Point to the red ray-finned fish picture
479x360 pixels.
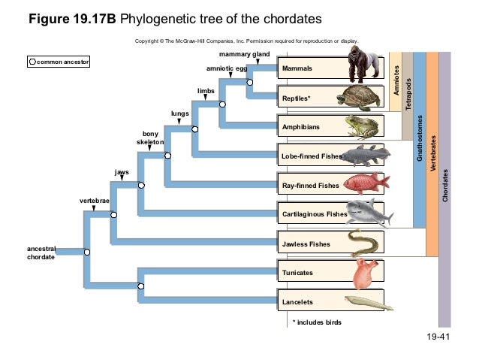coord(365,184)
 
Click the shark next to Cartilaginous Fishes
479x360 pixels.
coord(369,213)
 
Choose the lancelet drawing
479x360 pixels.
coord(368,301)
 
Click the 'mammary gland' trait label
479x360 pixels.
coord(244,55)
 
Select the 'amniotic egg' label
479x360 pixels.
coord(226,68)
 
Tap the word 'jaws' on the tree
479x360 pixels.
coord(122,172)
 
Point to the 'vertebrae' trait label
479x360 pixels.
coord(95,202)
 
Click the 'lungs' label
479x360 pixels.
coord(179,113)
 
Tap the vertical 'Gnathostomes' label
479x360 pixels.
coord(420,139)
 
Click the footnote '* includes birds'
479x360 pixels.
coord(317,322)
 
